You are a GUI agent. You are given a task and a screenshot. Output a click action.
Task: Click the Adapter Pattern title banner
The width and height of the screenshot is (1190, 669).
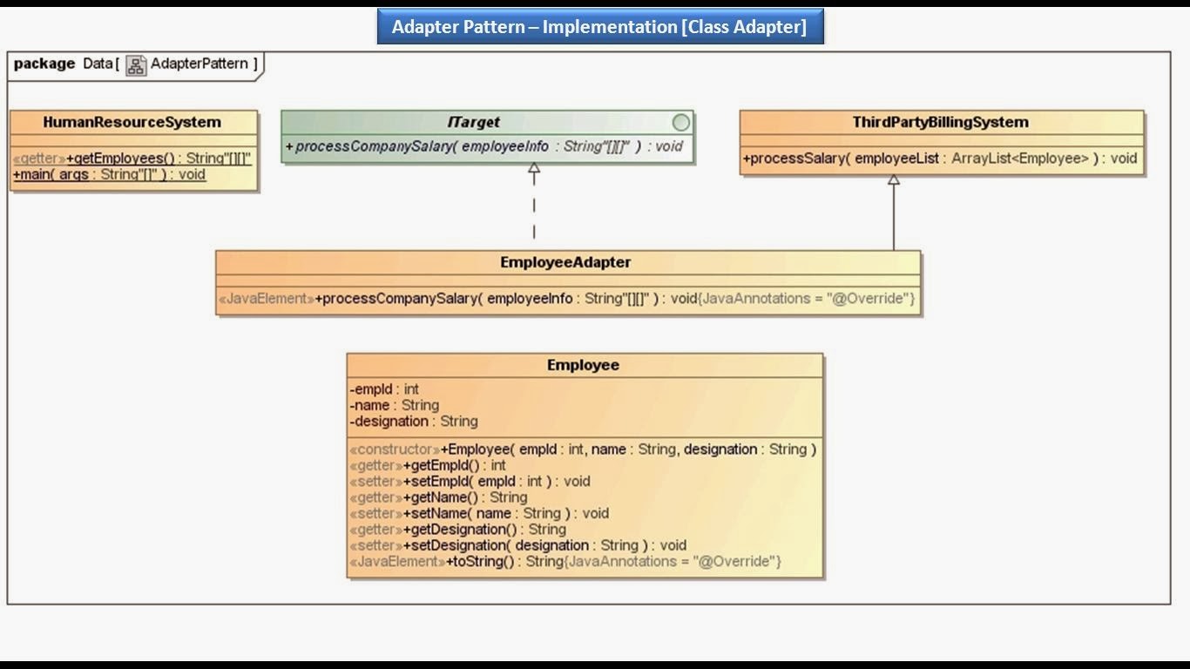pyautogui.click(x=599, y=27)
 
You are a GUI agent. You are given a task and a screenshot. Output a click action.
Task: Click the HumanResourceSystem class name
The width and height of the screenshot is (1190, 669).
pyautogui.click(x=132, y=123)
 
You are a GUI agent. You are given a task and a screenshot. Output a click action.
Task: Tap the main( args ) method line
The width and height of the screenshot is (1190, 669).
pyautogui.click(x=109, y=174)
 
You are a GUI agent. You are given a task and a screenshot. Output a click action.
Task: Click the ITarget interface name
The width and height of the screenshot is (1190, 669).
pyautogui.click(x=474, y=123)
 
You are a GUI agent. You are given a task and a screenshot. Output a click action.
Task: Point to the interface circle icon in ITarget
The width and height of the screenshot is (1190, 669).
pyautogui.click(x=680, y=123)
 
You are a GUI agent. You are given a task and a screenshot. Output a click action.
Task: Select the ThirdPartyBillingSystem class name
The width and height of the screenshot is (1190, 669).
pyautogui.click(x=940, y=123)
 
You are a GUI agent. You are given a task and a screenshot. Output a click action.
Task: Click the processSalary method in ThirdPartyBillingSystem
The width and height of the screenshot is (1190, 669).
pyautogui.click(x=940, y=159)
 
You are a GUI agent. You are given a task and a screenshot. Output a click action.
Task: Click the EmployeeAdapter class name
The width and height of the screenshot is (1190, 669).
pyautogui.click(x=565, y=262)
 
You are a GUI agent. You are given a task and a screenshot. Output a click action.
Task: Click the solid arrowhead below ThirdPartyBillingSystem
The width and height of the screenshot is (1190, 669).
pyautogui.click(x=893, y=180)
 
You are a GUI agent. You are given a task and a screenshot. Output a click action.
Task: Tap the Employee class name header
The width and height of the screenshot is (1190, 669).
pyautogui.click(x=583, y=365)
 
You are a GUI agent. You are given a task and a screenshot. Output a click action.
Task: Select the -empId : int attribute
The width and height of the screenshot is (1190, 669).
pyautogui.click(x=384, y=389)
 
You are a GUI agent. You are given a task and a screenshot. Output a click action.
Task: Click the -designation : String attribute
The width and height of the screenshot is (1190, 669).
pyautogui.click(x=414, y=422)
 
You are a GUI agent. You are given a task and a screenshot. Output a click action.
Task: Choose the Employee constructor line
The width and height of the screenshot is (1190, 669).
pyautogui.click(x=583, y=449)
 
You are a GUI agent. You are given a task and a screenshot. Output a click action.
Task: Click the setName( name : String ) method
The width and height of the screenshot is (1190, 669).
pyautogui.click(x=479, y=513)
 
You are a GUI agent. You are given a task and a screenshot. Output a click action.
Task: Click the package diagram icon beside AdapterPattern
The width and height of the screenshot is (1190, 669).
pyautogui.click(x=136, y=65)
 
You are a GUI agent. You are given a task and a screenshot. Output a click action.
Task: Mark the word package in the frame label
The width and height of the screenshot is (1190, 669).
pyautogui.click(x=44, y=64)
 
